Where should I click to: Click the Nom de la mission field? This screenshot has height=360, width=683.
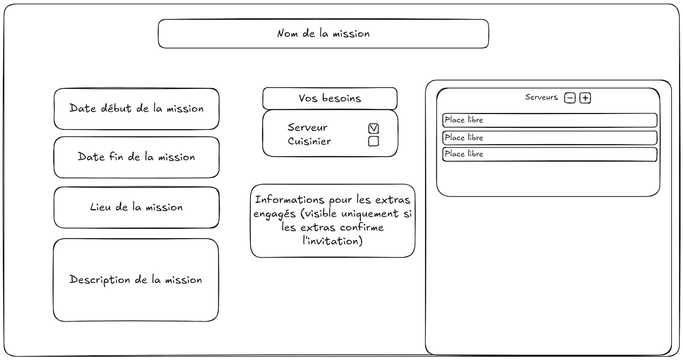point(323,34)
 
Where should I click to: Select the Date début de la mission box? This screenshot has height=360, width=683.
point(136,109)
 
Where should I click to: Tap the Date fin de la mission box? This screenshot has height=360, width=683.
point(136,157)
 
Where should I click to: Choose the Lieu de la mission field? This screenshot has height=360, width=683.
point(136,208)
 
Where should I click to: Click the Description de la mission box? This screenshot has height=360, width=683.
point(136,280)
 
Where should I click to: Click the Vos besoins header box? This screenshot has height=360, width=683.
point(330,99)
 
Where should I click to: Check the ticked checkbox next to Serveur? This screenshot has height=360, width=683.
point(373,129)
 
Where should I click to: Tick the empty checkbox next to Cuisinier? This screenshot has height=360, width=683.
point(373,141)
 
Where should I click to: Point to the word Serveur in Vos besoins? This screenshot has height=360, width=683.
point(307,128)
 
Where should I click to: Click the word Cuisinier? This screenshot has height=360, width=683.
point(309,141)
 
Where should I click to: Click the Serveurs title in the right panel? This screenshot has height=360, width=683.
point(541,97)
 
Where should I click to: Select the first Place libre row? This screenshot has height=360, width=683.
point(549,120)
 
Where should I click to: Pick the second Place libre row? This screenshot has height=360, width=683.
point(549,138)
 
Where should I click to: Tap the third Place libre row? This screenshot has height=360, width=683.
point(549,154)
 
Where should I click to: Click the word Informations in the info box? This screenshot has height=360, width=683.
point(289,200)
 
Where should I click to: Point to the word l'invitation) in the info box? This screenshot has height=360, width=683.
point(333,241)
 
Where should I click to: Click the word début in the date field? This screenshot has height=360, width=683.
point(116,108)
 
